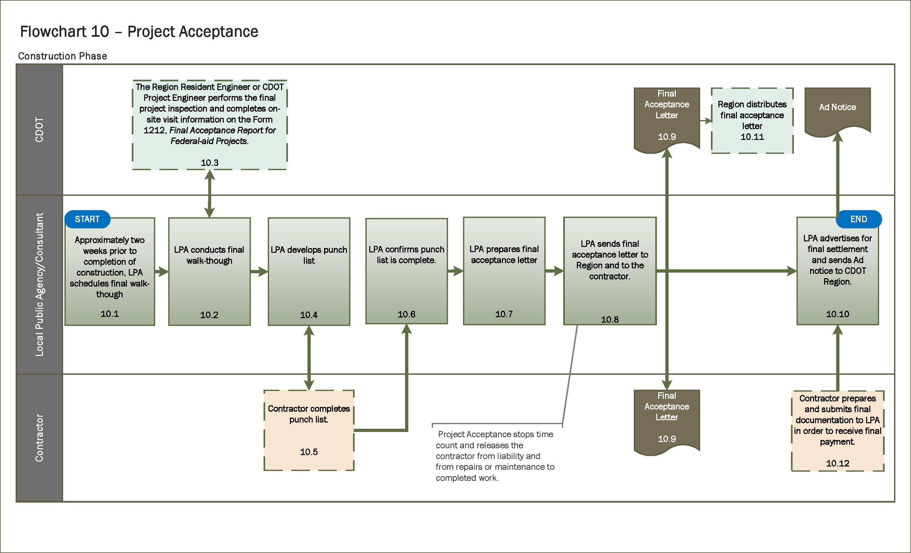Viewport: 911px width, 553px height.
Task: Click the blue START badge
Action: click(x=87, y=219)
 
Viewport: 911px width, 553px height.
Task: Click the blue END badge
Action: click(x=858, y=219)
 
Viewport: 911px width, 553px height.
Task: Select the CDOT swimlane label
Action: click(x=39, y=129)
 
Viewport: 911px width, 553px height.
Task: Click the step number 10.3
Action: click(x=210, y=163)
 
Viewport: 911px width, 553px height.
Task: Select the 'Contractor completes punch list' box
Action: click(x=309, y=430)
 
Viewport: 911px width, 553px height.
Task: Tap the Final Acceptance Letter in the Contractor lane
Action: click(x=667, y=420)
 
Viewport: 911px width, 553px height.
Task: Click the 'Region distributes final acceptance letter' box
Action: click(x=752, y=120)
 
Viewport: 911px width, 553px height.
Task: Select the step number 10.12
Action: click(x=837, y=463)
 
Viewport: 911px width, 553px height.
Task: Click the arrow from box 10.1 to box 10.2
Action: click(x=162, y=272)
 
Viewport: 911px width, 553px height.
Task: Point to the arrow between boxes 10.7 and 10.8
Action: click(x=554, y=271)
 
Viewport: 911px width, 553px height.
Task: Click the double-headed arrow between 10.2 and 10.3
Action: click(x=210, y=193)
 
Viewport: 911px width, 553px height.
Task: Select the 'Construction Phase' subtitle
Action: click(x=62, y=56)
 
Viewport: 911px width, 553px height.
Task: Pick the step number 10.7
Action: click(x=504, y=314)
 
